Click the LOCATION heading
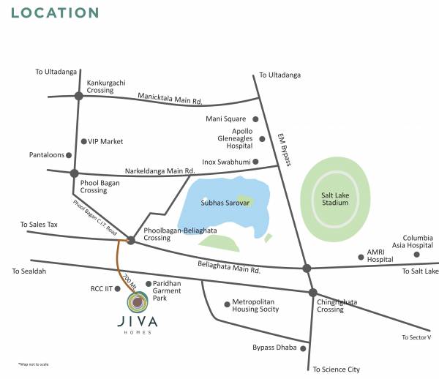click(56, 12)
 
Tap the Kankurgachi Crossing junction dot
click(78, 95)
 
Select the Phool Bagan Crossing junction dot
click(74, 173)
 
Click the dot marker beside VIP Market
click(84, 141)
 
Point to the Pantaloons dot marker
click(70, 155)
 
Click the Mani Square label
click(228, 119)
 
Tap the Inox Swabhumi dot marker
click(256, 161)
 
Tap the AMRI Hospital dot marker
click(361, 256)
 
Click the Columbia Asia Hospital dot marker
click(417, 254)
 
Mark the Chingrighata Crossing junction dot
click(312, 293)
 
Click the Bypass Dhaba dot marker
click(301, 348)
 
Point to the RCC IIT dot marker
click(119, 289)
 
